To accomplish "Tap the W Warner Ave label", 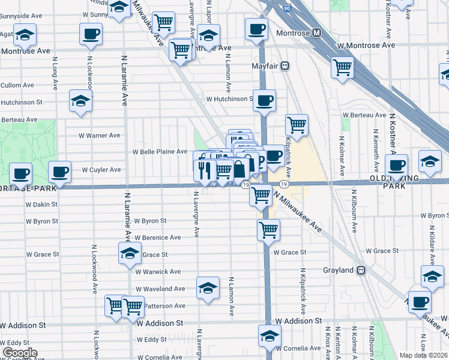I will click(100, 136).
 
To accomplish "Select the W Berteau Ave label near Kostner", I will click(364, 115).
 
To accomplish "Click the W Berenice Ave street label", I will click(158, 238).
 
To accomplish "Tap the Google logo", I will click(20, 353).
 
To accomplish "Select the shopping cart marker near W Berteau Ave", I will click(297, 125).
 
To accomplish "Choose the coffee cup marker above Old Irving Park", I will click(396, 165).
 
